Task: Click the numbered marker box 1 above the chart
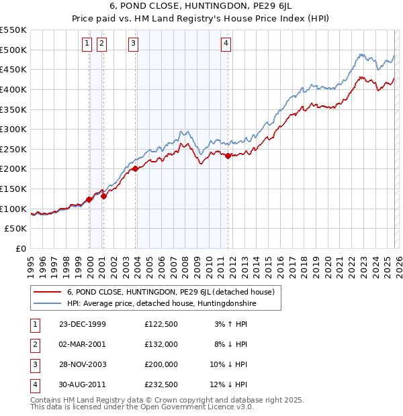pyautogui.click(x=87, y=44)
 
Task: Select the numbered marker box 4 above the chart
pyautogui.click(x=226, y=44)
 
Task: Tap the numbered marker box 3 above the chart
pyautogui.click(x=133, y=44)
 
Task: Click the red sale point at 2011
pyautogui.click(x=228, y=156)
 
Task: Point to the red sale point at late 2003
pyautogui.click(x=136, y=168)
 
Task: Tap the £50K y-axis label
pyautogui.click(x=16, y=229)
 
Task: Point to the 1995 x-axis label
pyautogui.click(x=30, y=266)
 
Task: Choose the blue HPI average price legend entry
pyautogui.click(x=161, y=304)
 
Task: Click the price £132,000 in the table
pyautogui.click(x=161, y=344)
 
